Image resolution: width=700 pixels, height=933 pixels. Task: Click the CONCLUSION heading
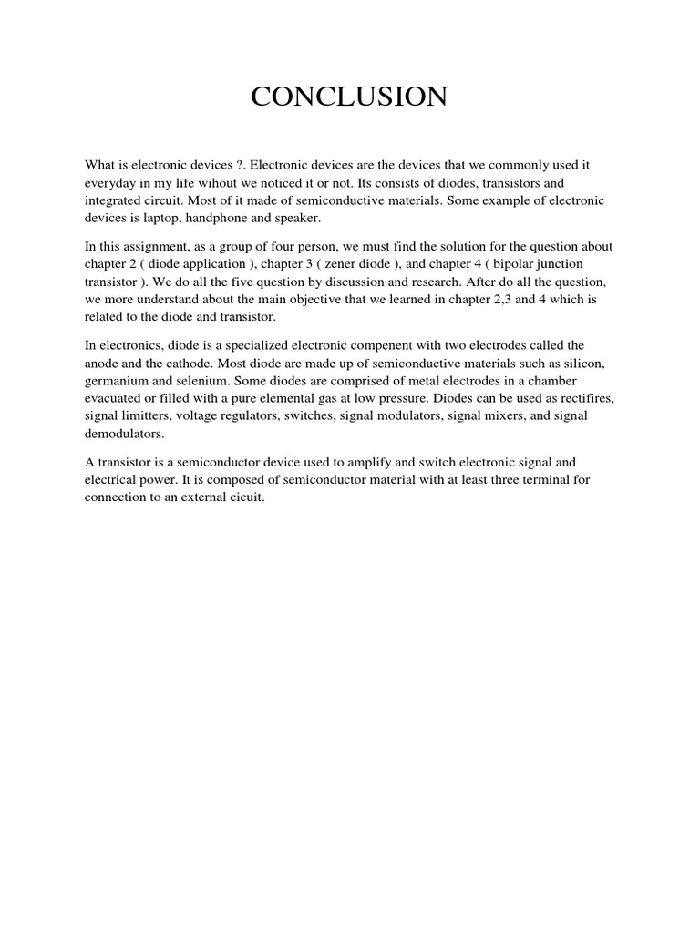[349, 97]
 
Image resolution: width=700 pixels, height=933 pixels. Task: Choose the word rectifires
[572, 397]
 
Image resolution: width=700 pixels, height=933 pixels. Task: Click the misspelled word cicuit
[244, 496]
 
